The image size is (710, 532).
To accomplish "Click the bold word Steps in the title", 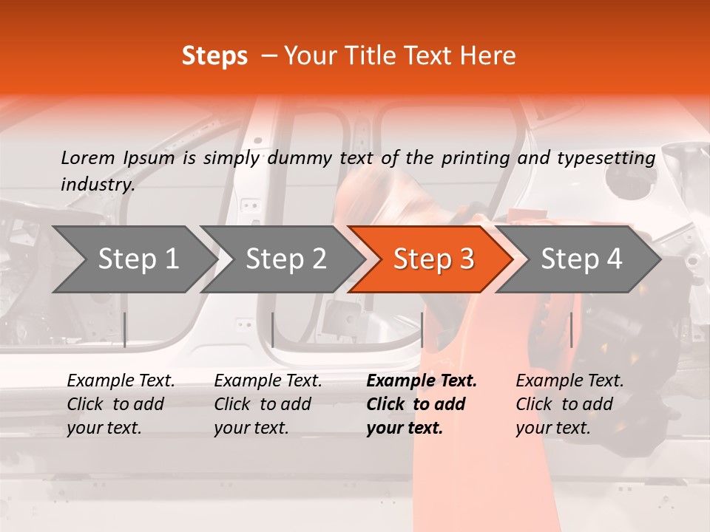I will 214,56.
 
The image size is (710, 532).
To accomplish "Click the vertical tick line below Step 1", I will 125,330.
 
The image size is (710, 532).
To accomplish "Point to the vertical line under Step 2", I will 273,330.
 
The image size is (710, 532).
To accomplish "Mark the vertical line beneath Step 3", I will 422,330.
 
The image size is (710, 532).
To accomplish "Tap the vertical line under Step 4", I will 571,330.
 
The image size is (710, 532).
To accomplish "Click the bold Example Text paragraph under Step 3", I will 422,404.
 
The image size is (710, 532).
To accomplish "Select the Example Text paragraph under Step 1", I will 121,404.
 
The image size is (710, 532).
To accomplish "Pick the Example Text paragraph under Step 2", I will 268,404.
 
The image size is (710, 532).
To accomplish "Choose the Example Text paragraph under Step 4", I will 569,404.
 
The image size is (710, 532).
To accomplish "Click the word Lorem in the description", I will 87,158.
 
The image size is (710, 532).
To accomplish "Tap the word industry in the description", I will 98,185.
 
